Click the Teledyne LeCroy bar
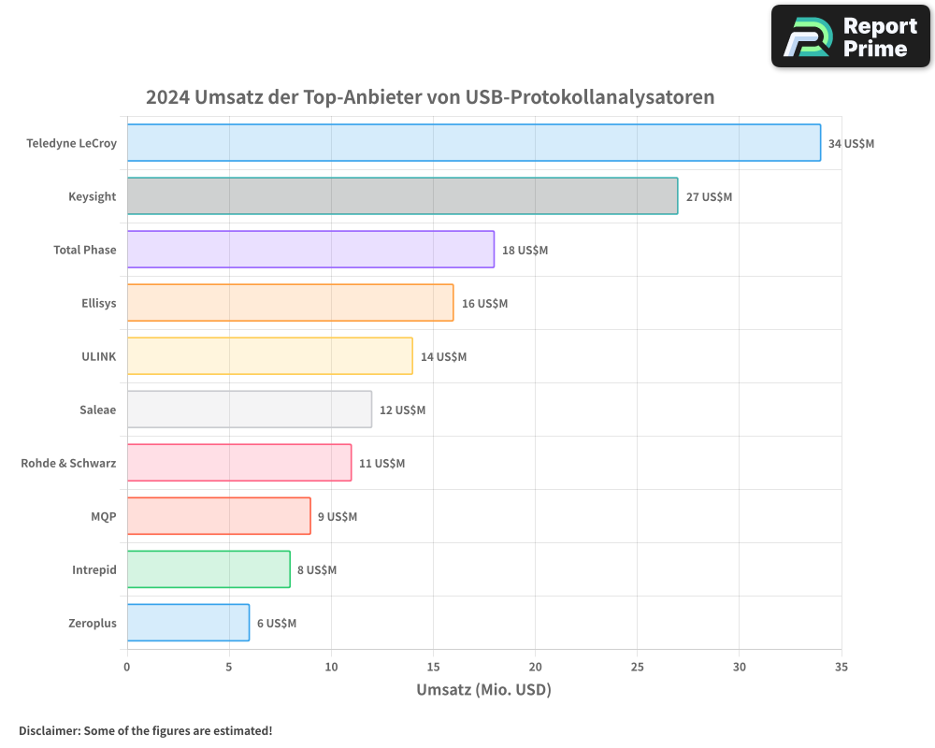coord(473,143)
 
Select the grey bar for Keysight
coord(402,196)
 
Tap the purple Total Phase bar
coord(310,250)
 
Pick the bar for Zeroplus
coord(188,623)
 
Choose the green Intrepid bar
coord(209,569)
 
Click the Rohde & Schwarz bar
coord(239,463)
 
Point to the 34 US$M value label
coord(851,144)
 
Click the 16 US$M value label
coord(484,304)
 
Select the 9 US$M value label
coord(338,517)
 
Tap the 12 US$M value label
coord(402,410)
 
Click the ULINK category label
coord(99,356)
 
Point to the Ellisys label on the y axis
coord(98,303)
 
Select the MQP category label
coord(103,516)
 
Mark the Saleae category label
coord(98,410)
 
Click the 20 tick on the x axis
coord(535,667)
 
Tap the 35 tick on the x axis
coord(841,667)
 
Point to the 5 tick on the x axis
coord(229,667)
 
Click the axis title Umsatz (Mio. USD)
coord(483,690)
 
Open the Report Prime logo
coord(851,36)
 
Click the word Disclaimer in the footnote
coord(49,730)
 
